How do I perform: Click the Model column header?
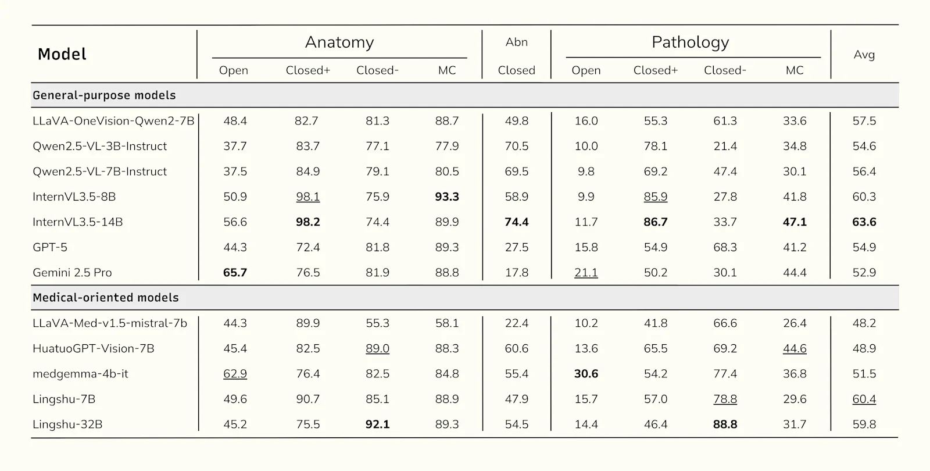coord(62,55)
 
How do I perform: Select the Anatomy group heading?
coord(339,42)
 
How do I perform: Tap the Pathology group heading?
coord(690,42)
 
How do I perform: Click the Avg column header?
coord(864,55)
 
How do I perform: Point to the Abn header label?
coord(516,42)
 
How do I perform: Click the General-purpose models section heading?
coord(104,95)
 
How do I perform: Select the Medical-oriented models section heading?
coord(106,298)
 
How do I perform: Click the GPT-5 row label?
coord(50,247)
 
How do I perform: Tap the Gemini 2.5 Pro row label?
coord(72,273)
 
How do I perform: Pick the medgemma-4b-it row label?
coord(80,374)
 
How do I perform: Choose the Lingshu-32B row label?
coord(67,424)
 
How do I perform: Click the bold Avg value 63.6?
coord(864,222)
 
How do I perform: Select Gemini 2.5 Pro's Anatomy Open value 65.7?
coord(235,273)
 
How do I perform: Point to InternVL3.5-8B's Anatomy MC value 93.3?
coord(447,197)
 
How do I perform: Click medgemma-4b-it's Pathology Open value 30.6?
coord(586,374)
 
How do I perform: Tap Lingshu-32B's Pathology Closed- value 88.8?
coord(725,424)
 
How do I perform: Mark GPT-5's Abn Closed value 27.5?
coord(516,247)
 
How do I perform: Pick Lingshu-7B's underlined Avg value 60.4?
coord(864,399)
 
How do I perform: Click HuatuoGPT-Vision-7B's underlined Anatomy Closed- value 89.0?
coord(377,349)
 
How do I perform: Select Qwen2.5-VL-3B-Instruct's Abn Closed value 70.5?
coord(516,147)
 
